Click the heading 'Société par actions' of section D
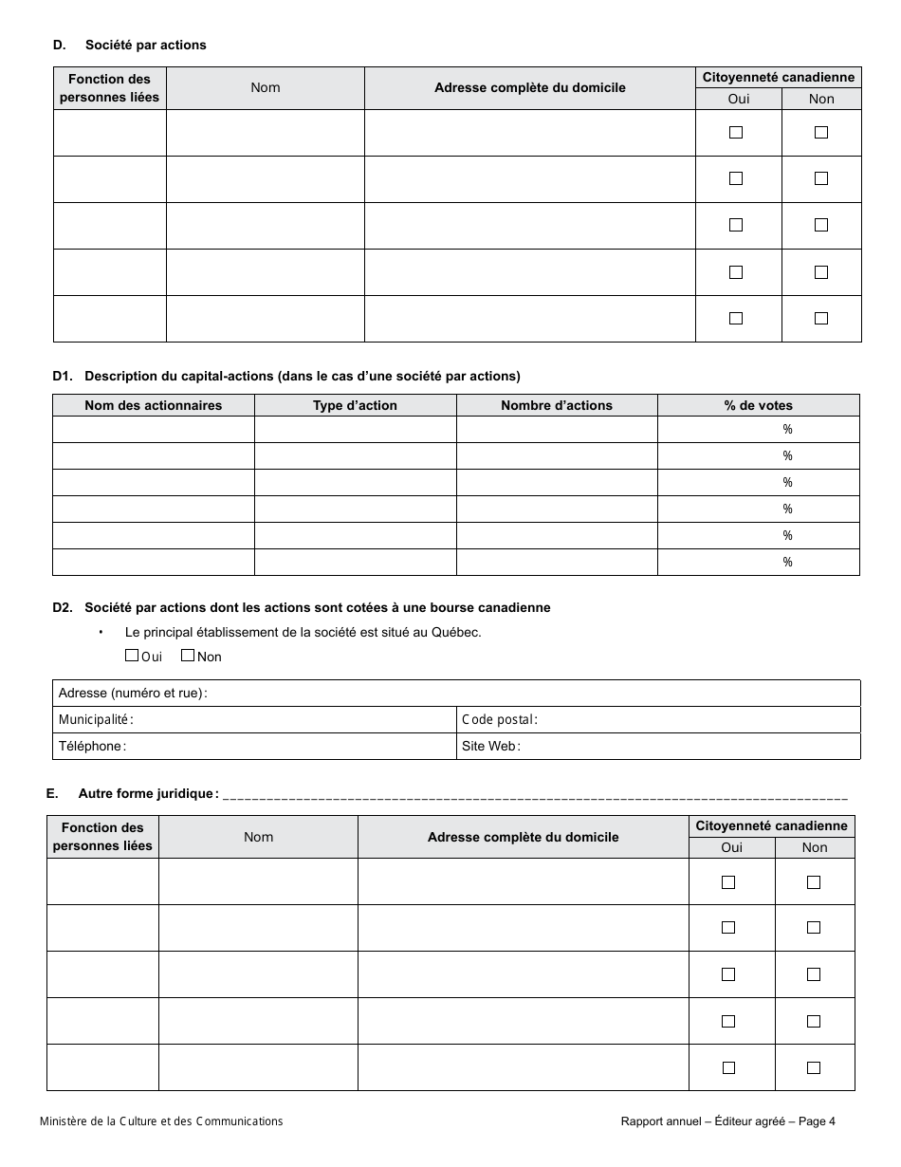145,45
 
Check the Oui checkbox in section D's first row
736,133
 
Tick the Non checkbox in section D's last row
821,319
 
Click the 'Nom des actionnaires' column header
153,405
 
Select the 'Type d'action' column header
355,405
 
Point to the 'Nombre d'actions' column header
557,405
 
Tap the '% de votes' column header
758,405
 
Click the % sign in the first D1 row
787,430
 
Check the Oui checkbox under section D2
132,656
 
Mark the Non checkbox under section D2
188,656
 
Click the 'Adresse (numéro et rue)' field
531,694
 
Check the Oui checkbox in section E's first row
728,882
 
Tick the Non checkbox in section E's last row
814,1068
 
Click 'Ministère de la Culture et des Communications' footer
161,1121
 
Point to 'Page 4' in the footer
817,1121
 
